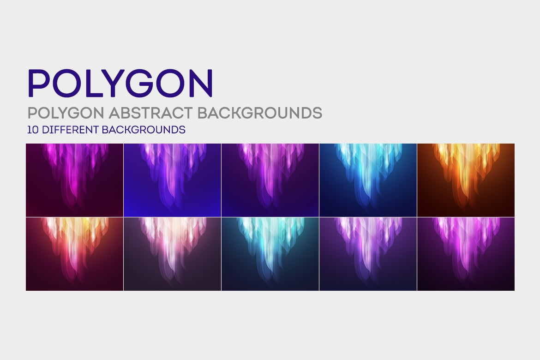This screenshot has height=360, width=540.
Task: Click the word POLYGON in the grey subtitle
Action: click(x=66, y=113)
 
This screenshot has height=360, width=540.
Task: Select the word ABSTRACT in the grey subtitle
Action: click(x=151, y=113)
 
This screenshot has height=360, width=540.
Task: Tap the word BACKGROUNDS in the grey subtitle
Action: click(x=260, y=113)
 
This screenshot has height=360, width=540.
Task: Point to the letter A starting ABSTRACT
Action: click(x=114, y=113)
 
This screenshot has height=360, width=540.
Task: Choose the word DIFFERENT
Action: click(x=70, y=130)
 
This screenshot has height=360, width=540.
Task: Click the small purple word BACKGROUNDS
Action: click(x=144, y=130)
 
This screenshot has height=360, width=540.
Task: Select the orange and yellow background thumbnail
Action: click(x=466, y=180)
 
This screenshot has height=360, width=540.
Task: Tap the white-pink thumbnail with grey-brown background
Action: click(x=172, y=254)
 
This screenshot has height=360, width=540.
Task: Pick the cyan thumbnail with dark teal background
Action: click(x=270, y=254)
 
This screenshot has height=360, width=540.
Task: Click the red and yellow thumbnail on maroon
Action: click(x=74, y=254)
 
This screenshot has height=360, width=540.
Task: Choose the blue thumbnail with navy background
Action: click(x=368, y=180)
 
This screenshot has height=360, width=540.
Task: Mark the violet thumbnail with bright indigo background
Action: click(x=172, y=180)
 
